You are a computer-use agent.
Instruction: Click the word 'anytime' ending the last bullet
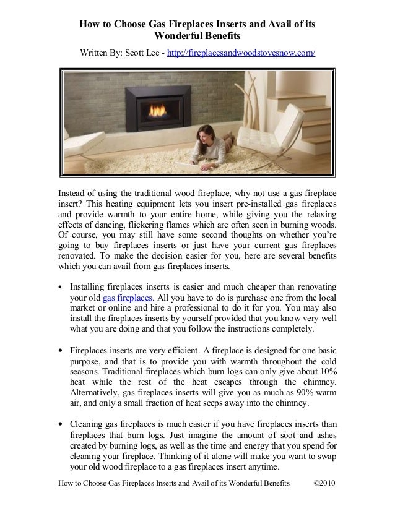[264, 468]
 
